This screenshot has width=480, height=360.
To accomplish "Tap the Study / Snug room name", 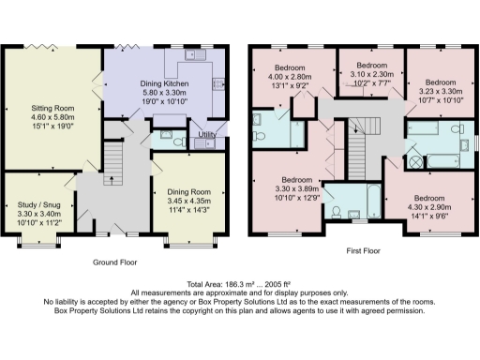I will pyautogui.click(x=37, y=204).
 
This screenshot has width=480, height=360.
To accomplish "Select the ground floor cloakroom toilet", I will pyautogui.click(x=166, y=138).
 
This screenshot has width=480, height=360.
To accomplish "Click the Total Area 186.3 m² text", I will pyautogui.click(x=239, y=284).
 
